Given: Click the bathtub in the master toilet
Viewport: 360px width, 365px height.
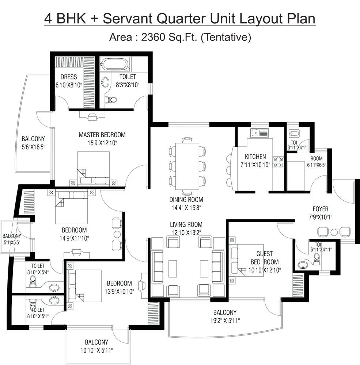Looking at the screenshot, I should tap(115, 65).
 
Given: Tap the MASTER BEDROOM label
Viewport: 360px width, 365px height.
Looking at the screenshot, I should tap(102, 135).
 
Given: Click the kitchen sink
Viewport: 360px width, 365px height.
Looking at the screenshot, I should tap(259, 132).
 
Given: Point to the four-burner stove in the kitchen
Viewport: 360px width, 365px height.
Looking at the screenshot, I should tap(279, 162).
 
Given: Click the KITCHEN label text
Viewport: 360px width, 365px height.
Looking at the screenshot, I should tap(255, 157).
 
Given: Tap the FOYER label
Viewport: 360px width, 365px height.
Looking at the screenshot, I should tap(320, 209).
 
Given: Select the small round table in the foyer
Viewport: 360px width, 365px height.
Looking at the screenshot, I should tap(334, 232).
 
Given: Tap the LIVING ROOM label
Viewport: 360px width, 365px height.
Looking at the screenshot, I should tap(186, 224).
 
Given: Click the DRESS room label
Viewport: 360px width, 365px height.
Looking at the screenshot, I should tap(69, 77).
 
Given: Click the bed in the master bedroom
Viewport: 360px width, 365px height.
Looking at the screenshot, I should tap(93, 166).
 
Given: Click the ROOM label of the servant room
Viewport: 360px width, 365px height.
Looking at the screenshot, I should tap(316, 158).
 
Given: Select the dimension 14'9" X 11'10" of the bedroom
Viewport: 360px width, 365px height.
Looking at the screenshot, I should tap(74, 238).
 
